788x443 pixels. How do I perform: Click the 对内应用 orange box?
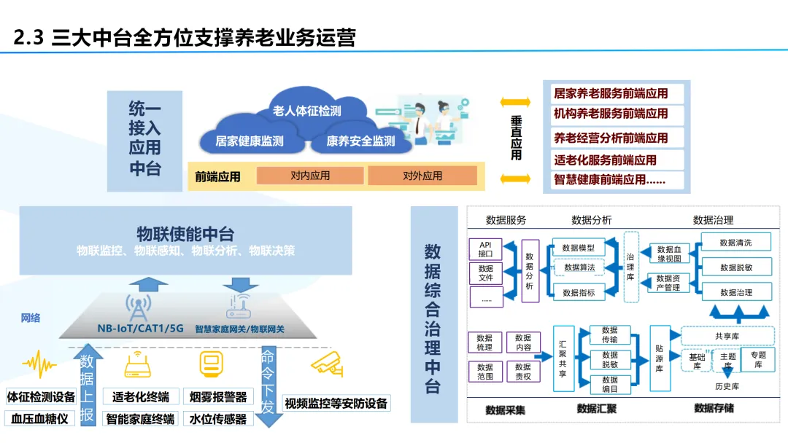(310, 176)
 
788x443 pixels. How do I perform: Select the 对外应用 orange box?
(422, 176)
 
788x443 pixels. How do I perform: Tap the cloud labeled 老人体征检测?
(306, 111)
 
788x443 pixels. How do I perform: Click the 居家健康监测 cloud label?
(250, 141)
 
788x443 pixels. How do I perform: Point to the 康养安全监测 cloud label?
(360, 141)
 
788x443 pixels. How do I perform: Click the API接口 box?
(485, 249)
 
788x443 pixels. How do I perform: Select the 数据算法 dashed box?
(579, 268)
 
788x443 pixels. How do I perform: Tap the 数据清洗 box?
(735, 243)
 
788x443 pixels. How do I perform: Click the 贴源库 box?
(659, 358)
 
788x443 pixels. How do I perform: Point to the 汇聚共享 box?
(563, 358)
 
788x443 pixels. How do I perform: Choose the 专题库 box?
(758, 360)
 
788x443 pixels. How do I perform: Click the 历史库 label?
(727, 386)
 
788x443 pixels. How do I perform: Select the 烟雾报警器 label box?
(217, 397)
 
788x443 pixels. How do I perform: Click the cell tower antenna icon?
(138, 308)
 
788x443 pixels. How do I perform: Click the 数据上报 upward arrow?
(87, 386)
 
